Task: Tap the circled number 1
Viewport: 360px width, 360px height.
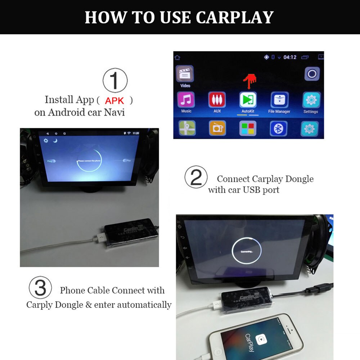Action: coord(115,81)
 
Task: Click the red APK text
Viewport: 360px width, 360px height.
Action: coord(114,100)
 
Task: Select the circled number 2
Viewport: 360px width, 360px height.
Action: coord(196,177)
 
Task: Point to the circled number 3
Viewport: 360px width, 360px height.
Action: coord(40,288)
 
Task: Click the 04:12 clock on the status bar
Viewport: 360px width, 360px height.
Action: coord(290,57)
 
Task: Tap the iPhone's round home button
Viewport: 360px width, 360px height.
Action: coord(218,352)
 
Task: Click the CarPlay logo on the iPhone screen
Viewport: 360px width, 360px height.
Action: coord(261,339)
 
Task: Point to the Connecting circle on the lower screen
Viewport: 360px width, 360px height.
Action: coord(247,251)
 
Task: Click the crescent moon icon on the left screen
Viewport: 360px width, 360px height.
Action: coord(55,140)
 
